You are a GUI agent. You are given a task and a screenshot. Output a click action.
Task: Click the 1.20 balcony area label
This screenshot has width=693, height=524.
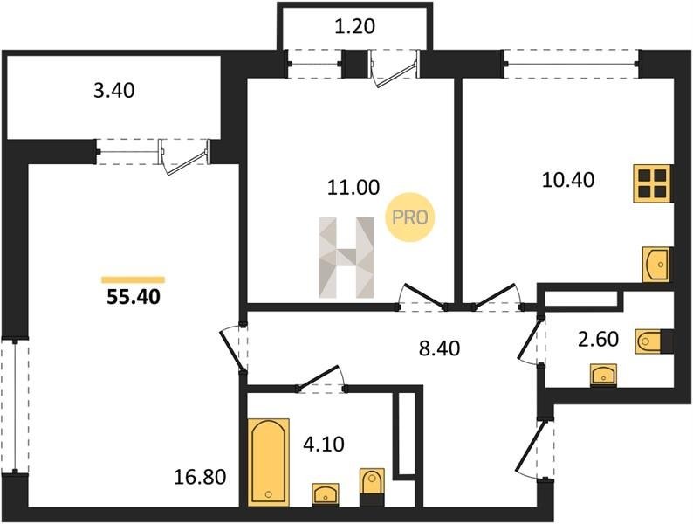pyautogui.click(x=355, y=26)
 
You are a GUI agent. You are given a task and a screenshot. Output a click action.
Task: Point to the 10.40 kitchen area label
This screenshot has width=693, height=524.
pyautogui.click(x=567, y=180)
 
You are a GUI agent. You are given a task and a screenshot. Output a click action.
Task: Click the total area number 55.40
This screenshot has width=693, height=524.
pyautogui.click(x=133, y=297)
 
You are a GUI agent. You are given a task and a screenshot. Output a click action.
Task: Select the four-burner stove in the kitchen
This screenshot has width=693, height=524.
pyautogui.click(x=654, y=183)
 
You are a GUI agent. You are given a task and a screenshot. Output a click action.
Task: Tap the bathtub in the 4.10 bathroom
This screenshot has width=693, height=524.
pyautogui.click(x=268, y=460)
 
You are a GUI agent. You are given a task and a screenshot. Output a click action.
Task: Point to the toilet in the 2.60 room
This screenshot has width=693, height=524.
pyautogui.click(x=651, y=340)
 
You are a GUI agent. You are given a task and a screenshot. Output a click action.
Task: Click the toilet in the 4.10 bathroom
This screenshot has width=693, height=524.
pyautogui.click(x=371, y=485)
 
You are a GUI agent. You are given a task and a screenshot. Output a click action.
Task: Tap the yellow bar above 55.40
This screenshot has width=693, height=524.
pyautogui.click(x=133, y=279)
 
